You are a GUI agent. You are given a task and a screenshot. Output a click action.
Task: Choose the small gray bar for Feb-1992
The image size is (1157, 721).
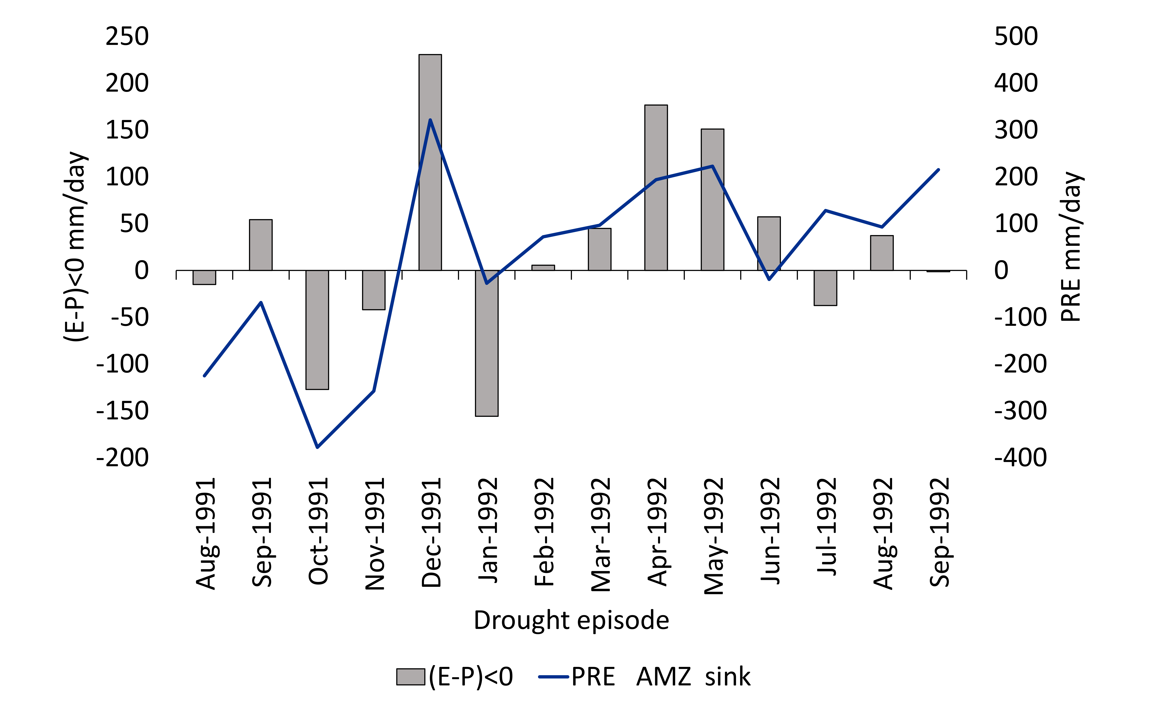pyautogui.click(x=543, y=268)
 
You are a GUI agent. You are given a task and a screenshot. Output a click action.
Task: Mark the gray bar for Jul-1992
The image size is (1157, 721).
pyautogui.click(x=825, y=287)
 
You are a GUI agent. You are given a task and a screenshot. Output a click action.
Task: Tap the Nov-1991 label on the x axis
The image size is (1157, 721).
pyautogui.click(x=374, y=534)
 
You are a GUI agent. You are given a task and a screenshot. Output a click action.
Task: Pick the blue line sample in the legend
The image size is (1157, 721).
pyautogui.click(x=553, y=677)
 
